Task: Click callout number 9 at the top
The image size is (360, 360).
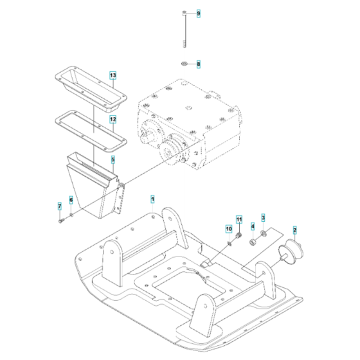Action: (x=199, y=13)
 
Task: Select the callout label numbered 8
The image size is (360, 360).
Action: (x=199, y=64)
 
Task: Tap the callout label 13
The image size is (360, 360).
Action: (x=113, y=76)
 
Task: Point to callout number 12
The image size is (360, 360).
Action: (x=113, y=119)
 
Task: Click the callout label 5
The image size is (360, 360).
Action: (x=113, y=159)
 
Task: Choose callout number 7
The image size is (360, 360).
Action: (x=71, y=201)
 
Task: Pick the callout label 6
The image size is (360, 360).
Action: (x=59, y=206)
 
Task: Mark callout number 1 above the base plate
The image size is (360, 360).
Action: (x=152, y=199)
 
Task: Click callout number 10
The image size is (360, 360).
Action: (x=228, y=228)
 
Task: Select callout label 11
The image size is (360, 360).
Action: (x=239, y=221)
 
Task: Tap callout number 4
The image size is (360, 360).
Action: (x=253, y=226)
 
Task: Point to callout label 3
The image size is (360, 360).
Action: (x=263, y=220)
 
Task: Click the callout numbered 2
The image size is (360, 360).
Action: (x=295, y=229)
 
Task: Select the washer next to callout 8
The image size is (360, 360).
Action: (x=183, y=64)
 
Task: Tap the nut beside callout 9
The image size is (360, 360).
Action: (x=184, y=13)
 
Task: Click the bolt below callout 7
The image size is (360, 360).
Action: (x=60, y=221)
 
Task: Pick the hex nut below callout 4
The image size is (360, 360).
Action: (x=253, y=242)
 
